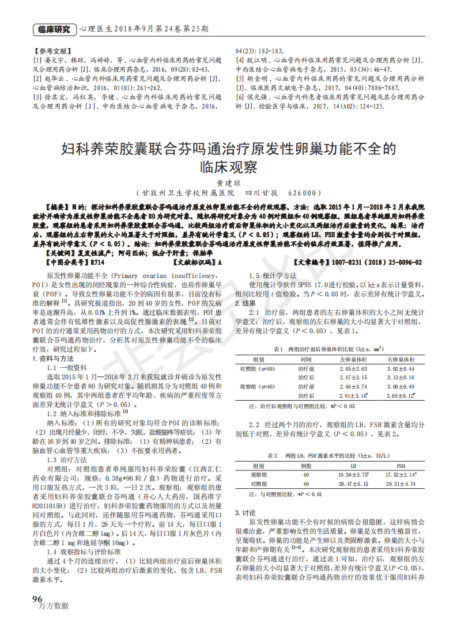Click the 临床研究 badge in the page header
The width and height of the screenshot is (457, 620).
tap(54, 29)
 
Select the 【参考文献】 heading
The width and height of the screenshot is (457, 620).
tap(53, 51)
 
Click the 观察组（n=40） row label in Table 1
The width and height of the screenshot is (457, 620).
tap(258, 387)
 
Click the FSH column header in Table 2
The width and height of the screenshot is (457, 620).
tap(401, 465)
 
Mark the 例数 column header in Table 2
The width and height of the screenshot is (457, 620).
tap(306, 465)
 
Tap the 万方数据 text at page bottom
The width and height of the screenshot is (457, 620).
tap(53, 606)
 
